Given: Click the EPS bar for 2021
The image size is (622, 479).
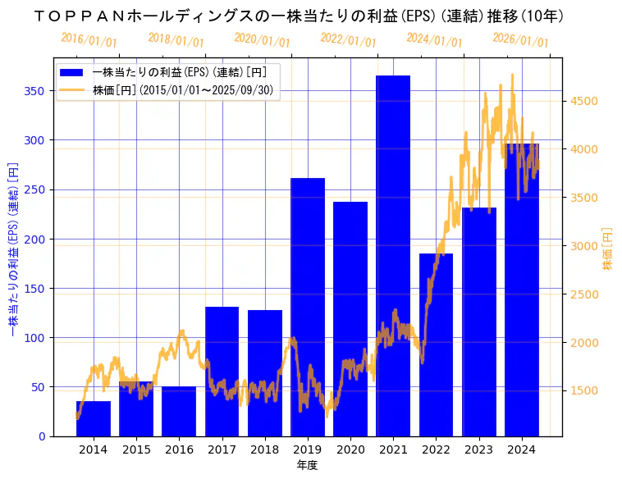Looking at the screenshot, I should point(393,255).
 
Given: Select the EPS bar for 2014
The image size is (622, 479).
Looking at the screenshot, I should point(94,418).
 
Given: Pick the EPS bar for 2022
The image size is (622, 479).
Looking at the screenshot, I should point(436,344).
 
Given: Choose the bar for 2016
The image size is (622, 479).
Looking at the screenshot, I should point(179,411).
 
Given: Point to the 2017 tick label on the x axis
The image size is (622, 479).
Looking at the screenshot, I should point(222,449).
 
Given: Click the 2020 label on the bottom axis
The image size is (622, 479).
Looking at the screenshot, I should point(350,449).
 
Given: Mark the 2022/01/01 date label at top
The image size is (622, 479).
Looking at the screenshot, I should point(348,40).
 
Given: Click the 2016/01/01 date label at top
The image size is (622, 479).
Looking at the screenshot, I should point(89,39).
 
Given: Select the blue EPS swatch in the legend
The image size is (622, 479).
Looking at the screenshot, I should point(72,72).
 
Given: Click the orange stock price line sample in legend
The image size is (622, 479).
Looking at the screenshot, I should point(72,90).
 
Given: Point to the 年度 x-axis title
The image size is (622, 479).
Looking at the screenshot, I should point(308,465).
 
